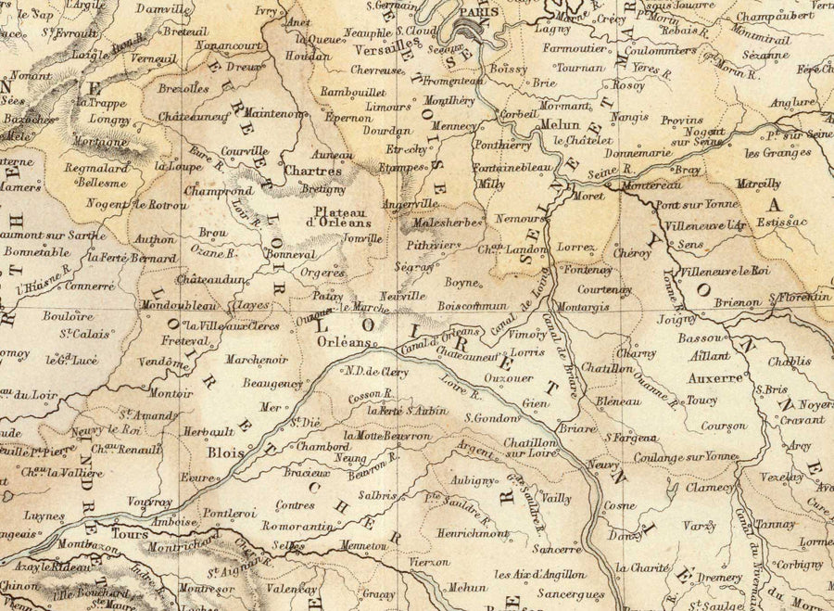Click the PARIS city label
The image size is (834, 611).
tap(482, 12)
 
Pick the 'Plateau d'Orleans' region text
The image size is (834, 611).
tap(341, 216)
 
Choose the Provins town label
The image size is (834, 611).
tap(684, 121)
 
